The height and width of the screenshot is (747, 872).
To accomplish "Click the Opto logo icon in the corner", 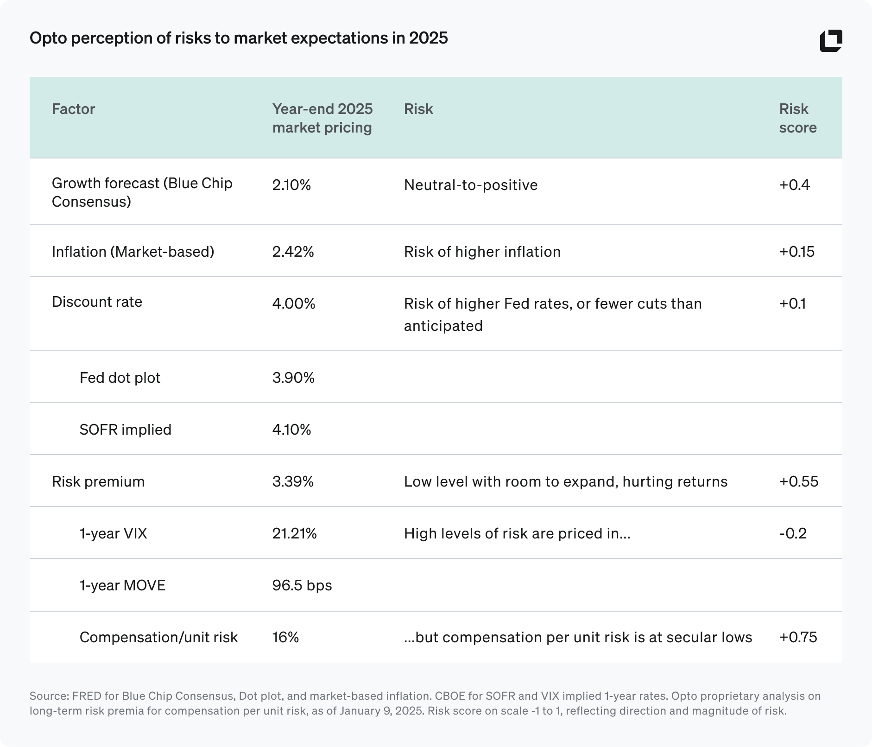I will click(831, 41).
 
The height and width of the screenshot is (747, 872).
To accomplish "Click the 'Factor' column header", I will click(73, 109).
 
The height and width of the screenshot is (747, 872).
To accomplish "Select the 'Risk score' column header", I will click(797, 118).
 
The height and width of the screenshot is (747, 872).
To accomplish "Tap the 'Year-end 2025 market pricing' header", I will click(322, 118).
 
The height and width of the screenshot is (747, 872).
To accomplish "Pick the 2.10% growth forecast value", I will click(291, 185).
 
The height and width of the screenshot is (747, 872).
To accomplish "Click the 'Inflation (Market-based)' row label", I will click(133, 252).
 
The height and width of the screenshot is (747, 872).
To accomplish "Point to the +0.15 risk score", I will click(796, 252).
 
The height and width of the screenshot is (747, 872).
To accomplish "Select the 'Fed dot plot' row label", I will click(120, 378).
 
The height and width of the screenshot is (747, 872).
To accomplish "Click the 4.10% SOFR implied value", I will click(291, 430).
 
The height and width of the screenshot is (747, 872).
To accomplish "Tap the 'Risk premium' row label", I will click(98, 481).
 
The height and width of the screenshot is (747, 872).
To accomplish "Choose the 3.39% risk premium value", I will click(293, 481).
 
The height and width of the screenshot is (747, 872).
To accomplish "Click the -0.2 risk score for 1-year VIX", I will click(793, 533).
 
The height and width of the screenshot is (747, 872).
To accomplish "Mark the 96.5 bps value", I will click(302, 585).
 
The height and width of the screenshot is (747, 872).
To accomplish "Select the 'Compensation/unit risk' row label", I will click(158, 637).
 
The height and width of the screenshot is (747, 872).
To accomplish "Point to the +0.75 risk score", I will click(798, 637).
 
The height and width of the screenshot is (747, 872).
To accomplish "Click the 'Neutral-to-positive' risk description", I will click(471, 185).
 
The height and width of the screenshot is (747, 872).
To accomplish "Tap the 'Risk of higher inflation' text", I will click(482, 252).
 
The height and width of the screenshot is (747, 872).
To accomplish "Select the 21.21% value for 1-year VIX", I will click(295, 533).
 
